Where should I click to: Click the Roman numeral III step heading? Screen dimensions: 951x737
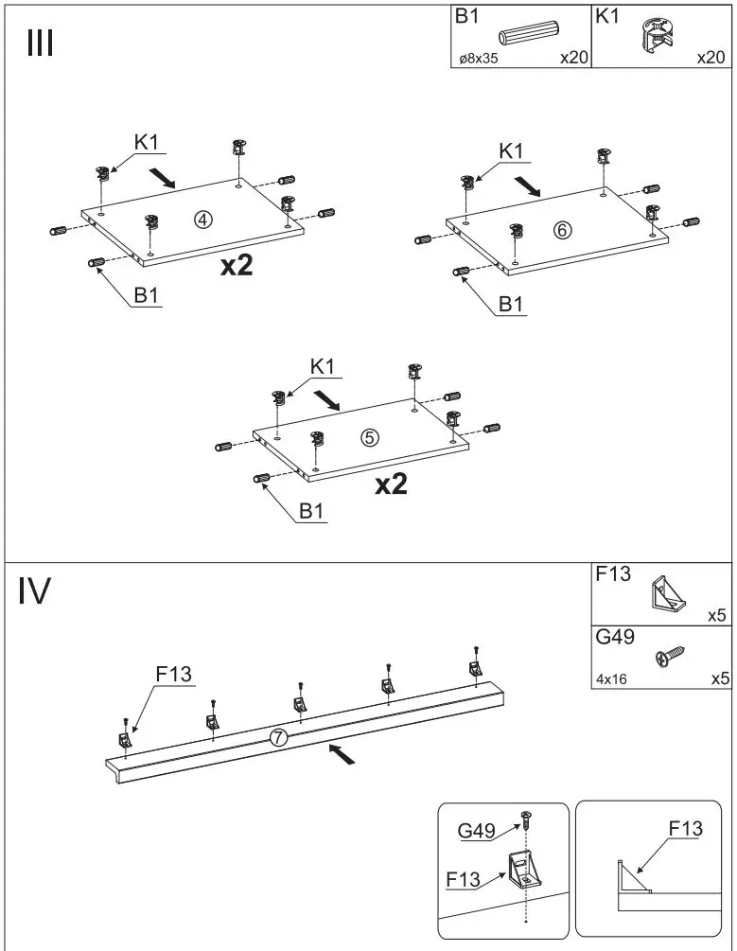coord(39,44)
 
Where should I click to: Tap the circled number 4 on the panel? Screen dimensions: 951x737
coord(202,220)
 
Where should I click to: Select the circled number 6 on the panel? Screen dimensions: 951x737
coord(562,230)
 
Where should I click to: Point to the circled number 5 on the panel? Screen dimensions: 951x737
coord(370,437)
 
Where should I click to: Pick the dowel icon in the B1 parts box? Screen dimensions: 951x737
coord(532,34)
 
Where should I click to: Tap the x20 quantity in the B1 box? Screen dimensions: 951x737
coord(573,58)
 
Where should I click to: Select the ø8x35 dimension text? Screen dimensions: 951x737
coord(479,59)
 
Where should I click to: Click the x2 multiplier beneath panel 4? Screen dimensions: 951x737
coord(237,267)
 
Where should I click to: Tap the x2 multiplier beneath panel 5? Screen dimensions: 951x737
coord(391,484)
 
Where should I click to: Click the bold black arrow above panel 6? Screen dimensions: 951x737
coord(528,186)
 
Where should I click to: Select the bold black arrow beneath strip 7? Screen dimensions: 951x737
coord(342,754)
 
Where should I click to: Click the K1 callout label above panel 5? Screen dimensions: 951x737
coord(322,366)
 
